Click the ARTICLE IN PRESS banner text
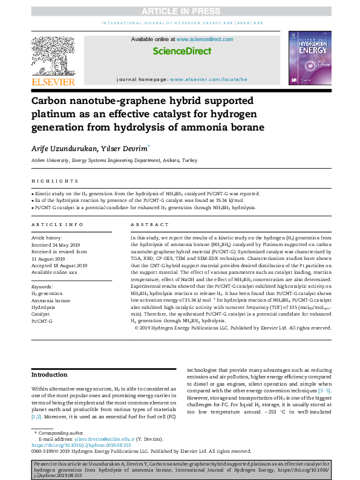(x=180, y=11)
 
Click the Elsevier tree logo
(x=53, y=55)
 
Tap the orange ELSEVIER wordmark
(x=53, y=82)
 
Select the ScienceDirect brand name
(x=182, y=51)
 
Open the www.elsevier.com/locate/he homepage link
(x=209, y=79)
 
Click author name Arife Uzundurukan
(x=62, y=148)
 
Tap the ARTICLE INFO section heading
(x=57, y=224)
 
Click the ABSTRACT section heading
(x=146, y=224)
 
